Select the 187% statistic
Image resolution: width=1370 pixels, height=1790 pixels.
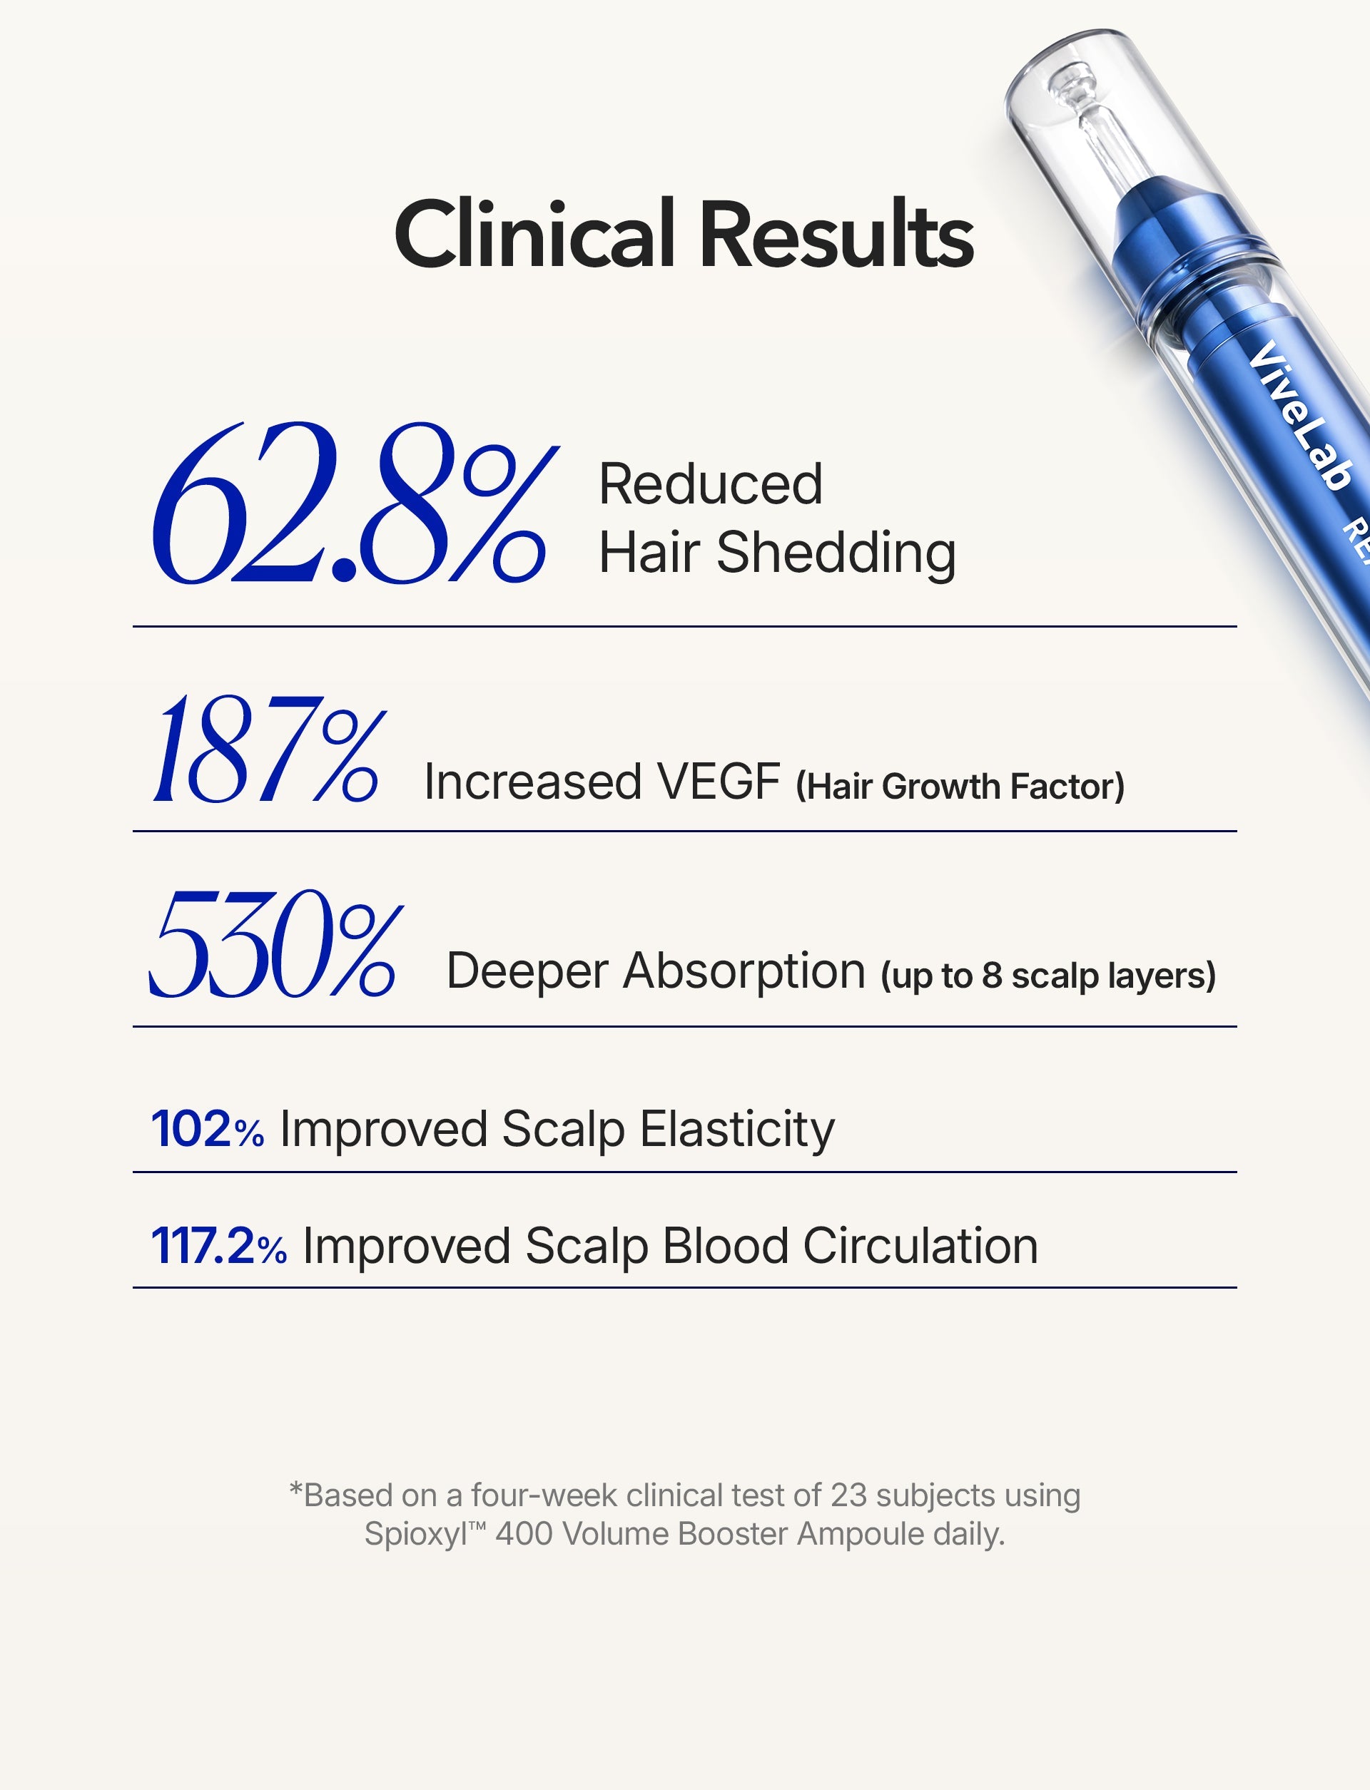coord(264,749)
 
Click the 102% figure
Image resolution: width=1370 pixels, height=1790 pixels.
coord(207,1130)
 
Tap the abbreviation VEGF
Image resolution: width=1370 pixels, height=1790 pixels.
coord(719,782)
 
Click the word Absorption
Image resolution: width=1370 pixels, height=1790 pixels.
coord(744,971)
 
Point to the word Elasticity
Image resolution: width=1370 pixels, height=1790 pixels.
coord(737,1130)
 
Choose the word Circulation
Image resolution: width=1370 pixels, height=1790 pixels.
coord(920,1247)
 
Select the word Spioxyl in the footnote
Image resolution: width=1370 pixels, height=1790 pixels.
coord(415,1535)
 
